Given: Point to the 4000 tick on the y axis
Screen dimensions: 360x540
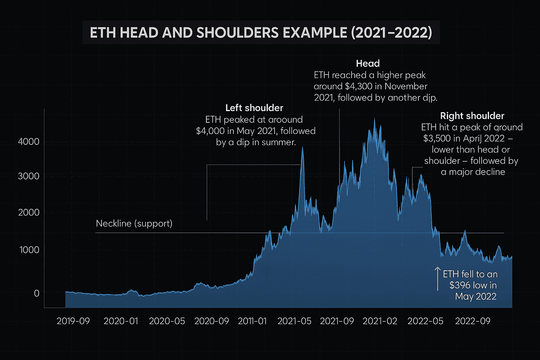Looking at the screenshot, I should click(x=28, y=142).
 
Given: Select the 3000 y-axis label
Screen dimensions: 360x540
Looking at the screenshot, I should click(x=28, y=176).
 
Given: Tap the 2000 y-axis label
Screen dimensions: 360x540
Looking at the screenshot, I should click(x=28, y=212).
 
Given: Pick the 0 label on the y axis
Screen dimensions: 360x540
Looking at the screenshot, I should click(x=36, y=293).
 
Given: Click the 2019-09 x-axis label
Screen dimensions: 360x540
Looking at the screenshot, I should click(x=73, y=321).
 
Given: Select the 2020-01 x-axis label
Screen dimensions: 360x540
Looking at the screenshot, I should click(x=121, y=321).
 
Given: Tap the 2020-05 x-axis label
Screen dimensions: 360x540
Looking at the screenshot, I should click(x=167, y=321).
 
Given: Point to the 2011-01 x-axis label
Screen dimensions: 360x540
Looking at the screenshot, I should click(x=252, y=321).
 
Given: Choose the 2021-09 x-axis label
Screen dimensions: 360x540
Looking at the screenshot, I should click(x=337, y=321).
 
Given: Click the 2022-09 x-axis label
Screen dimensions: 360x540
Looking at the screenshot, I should click(x=472, y=321).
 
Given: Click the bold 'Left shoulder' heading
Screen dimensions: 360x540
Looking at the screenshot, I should click(x=254, y=108).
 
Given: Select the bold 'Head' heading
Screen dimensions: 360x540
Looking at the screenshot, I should click(x=368, y=64).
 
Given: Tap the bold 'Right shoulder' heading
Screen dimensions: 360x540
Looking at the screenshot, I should click(x=472, y=116).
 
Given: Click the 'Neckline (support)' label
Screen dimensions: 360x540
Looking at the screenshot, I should click(x=134, y=224).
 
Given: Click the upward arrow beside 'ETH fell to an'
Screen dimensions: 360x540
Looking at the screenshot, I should click(x=438, y=278).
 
